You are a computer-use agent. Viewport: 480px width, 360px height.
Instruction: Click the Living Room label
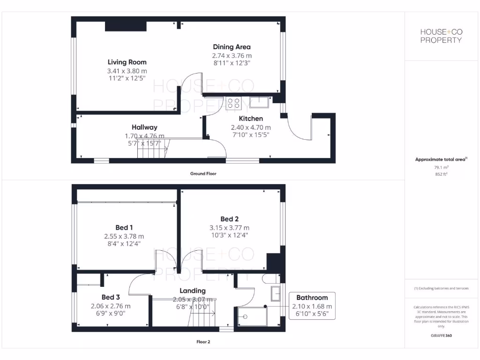pyautogui.click(x=127, y=62)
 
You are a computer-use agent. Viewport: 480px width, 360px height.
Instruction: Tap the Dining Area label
pyautogui.click(x=232, y=47)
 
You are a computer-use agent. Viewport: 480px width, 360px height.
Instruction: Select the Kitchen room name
pyautogui.click(x=251, y=119)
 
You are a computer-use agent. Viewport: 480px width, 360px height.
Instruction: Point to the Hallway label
pyautogui.click(x=144, y=127)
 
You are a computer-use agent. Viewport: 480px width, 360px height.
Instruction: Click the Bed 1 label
pyautogui.click(x=124, y=228)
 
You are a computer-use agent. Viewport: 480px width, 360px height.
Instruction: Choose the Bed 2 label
pyautogui.click(x=230, y=219)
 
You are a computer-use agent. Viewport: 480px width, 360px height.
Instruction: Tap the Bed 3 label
pyautogui.click(x=111, y=297)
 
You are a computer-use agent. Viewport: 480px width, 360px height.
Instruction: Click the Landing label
pyautogui.click(x=193, y=291)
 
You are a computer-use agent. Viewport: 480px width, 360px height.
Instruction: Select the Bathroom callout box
pyautogui.click(x=312, y=306)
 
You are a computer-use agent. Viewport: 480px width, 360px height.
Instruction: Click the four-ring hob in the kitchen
pyautogui.click(x=233, y=103)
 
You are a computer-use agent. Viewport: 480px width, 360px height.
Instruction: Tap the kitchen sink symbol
pyautogui.click(x=258, y=102)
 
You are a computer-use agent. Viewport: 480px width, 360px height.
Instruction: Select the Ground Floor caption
pyautogui.click(x=203, y=173)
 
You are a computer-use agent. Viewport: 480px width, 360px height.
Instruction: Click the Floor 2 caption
pyautogui.click(x=203, y=342)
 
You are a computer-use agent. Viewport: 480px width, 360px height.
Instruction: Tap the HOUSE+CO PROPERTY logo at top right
pyautogui.click(x=441, y=36)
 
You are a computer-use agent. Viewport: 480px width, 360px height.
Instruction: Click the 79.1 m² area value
pyautogui.click(x=441, y=167)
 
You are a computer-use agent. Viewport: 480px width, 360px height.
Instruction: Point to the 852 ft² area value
pyautogui.click(x=441, y=174)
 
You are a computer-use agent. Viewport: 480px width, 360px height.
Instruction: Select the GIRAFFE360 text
pyautogui.click(x=441, y=336)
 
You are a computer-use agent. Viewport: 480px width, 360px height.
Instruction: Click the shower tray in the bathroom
pyautogui.click(x=253, y=316)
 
